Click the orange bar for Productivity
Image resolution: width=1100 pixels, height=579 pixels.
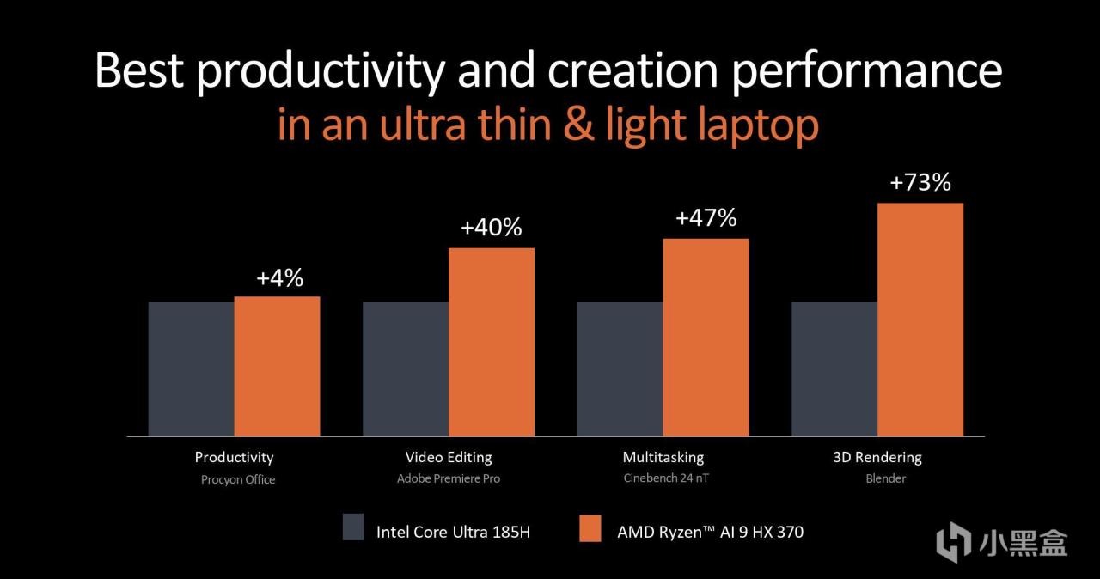point(277,366)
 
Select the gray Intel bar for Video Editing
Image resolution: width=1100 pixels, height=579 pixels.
point(405,369)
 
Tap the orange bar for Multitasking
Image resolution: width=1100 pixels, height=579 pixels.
point(706,337)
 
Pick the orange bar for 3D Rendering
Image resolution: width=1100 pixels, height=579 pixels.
point(920,320)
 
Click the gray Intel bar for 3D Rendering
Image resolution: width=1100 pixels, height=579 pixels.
point(834,369)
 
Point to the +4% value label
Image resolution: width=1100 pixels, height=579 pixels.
point(279,278)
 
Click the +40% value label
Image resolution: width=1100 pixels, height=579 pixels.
point(491,229)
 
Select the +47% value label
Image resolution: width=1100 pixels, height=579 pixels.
point(706,218)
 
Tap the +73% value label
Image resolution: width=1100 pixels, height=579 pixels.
point(920,183)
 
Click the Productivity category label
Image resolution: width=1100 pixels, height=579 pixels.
point(234,457)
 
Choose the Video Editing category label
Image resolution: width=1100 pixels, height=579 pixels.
point(449,457)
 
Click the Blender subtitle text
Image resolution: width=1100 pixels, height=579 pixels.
point(885,478)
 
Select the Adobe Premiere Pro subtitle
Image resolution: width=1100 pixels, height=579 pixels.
point(449,478)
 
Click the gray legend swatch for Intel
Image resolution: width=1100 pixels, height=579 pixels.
point(353,527)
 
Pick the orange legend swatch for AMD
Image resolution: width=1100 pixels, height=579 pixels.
point(590,527)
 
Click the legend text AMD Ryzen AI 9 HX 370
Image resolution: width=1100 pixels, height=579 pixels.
point(710,532)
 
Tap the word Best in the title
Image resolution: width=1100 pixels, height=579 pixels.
point(139,70)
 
